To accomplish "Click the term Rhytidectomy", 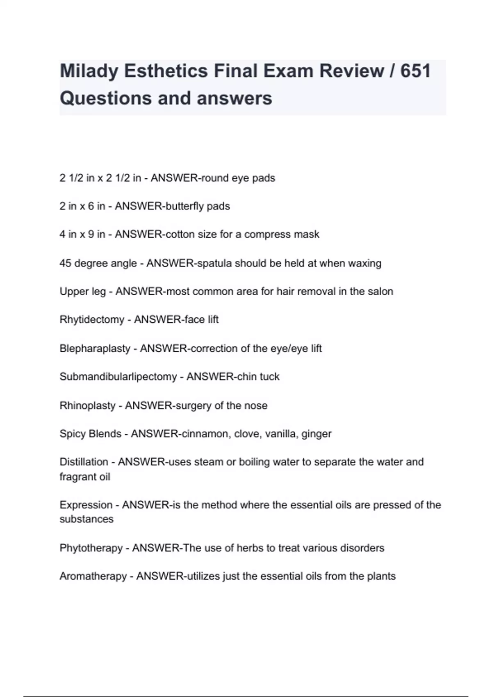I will [x=92, y=320].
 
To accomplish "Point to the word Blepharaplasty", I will [x=95, y=348].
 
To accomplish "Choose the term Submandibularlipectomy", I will [x=118, y=377].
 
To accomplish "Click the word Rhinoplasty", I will [x=87, y=405].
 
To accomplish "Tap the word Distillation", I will [x=84, y=462].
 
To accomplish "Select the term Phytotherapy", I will [x=91, y=548].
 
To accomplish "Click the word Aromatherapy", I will [x=93, y=576].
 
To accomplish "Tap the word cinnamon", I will [x=204, y=434].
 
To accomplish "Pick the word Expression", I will [x=85, y=505].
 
